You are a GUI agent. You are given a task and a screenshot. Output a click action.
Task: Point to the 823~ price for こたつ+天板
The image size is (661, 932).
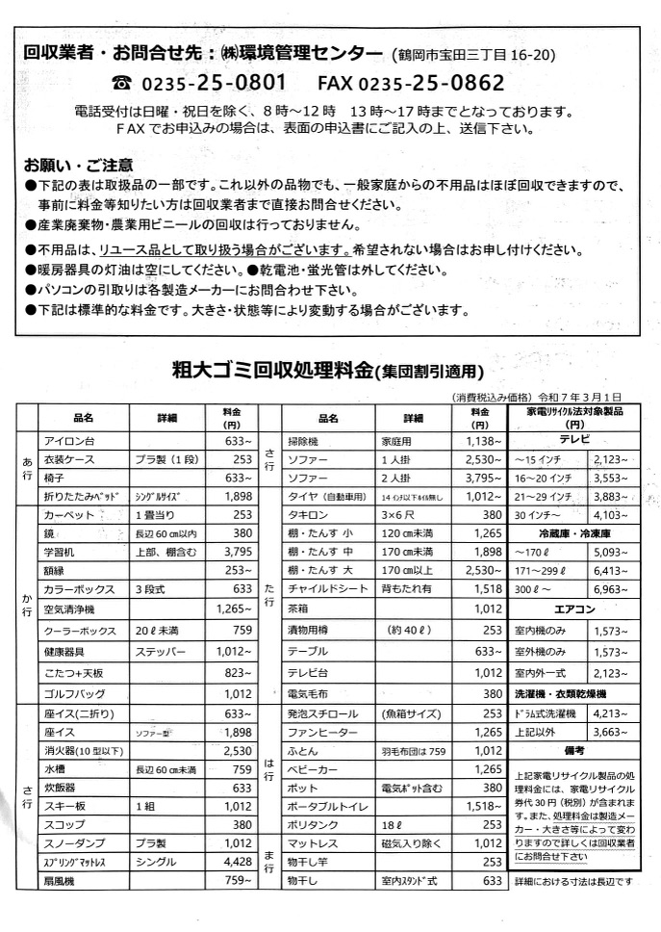click(x=237, y=672)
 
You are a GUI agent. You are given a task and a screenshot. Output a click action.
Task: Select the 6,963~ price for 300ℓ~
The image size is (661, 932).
click(x=616, y=587)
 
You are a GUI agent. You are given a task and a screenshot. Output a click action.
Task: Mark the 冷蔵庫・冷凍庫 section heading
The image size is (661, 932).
click(x=574, y=532)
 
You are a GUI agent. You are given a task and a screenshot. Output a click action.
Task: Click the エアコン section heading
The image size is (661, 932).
click(x=574, y=610)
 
